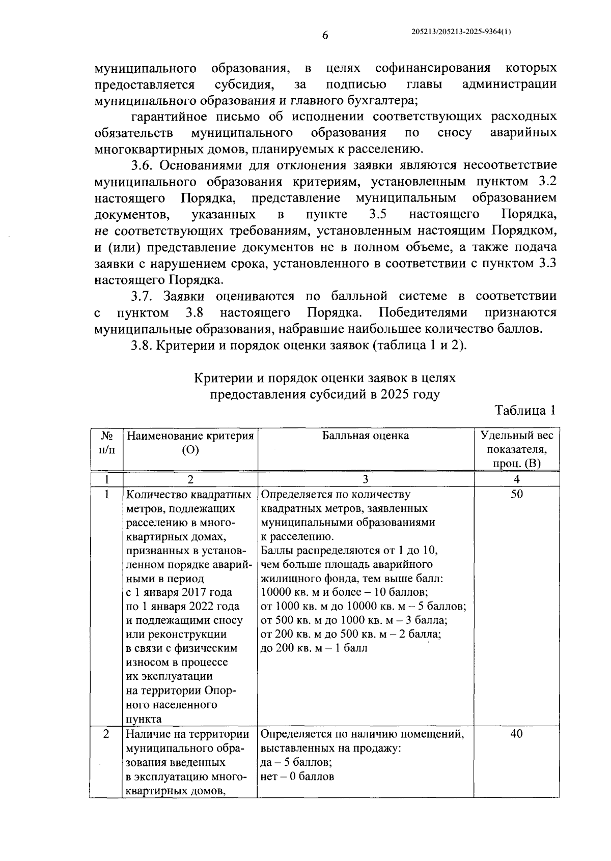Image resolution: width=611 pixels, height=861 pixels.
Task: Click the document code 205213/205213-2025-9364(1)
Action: coord(461,32)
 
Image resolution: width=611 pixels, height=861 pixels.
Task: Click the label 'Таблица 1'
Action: coord(524,411)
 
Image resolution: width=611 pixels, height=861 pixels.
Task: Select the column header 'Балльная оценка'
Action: coord(366,436)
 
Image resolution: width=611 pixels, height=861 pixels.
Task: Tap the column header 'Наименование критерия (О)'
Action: coord(190,443)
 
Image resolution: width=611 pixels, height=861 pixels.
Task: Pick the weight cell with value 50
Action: coord(516,494)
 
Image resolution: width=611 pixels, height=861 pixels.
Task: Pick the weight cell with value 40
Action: coord(516,734)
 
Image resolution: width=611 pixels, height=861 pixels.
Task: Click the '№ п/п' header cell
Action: coord(106,443)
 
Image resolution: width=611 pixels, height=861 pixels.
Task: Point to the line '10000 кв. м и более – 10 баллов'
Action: coord(344,592)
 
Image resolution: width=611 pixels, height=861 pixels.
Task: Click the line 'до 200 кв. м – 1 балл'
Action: coord(314,648)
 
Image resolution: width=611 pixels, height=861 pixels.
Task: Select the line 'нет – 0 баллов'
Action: coord(297,777)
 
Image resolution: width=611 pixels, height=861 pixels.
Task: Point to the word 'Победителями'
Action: coord(423,312)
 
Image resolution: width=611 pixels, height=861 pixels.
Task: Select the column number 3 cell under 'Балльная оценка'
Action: coord(366,479)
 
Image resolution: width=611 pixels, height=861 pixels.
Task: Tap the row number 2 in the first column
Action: coord(106,734)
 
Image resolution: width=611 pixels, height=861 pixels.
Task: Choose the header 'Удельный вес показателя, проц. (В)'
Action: coord(516,449)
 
